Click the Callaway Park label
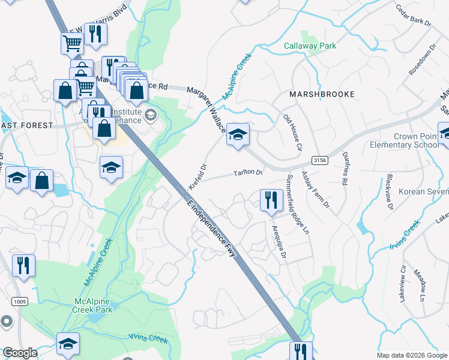(x=310, y=46)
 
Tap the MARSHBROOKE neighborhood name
(x=322, y=94)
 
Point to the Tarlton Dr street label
(x=248, y=173)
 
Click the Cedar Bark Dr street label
(x=413, y=15)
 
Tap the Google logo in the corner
(x=20, y=353)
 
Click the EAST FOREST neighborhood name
(x=27, y=125)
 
